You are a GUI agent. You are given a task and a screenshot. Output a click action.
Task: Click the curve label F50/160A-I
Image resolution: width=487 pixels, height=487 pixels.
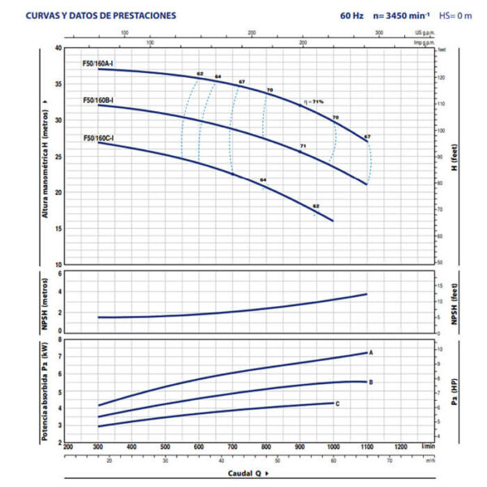click(x=98, y=62)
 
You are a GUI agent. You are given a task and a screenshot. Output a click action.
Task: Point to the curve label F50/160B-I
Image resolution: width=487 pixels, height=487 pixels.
click(x=98, y=100)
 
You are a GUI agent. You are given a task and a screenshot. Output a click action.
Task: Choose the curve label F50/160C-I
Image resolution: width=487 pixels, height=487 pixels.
click(x=98, y=138)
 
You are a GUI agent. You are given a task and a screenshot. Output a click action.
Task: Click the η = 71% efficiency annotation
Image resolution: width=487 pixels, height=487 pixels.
click(x=313, y=101)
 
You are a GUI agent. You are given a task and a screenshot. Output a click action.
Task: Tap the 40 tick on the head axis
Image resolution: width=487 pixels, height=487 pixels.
click(x=58, y=48)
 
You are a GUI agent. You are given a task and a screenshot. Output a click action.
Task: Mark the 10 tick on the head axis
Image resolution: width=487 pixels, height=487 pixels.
click(x=58, y=265)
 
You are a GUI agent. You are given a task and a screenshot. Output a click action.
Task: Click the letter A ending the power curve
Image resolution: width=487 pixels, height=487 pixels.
click(x=371, y=352)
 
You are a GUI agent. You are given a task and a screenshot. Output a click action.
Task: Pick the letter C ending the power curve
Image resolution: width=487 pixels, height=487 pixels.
click(x=337, y=403)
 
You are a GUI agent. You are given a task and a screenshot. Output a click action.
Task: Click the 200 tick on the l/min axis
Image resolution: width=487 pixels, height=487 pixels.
click(x=67, y=447)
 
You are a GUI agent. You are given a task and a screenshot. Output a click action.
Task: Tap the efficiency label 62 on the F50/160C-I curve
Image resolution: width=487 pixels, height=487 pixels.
click(x=316, y=206)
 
